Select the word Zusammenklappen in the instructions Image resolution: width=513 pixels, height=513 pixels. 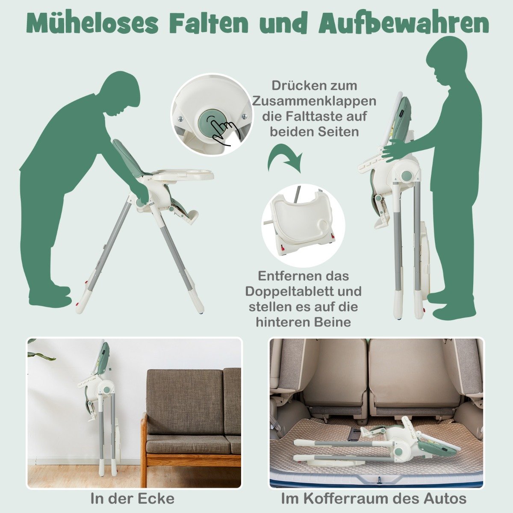(314, 101)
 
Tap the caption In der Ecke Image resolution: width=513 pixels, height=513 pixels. (132, 498)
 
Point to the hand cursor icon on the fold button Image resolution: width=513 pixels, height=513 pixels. (222, 130)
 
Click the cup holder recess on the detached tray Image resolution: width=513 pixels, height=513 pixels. (324, 225)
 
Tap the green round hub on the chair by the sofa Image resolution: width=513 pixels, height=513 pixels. (107, 390)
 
